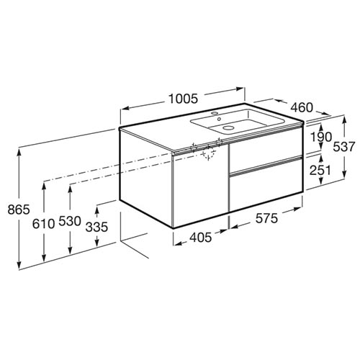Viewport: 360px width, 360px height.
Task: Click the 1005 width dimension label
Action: pyautogui.click(x=184, y=99)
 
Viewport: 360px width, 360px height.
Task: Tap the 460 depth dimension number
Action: pyautogui.click(x=302, y=107)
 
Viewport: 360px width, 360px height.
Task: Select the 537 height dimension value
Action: pyautogui.click(x=343, y=147)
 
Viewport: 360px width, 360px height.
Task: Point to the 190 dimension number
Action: pyautogui.click(x=321, y=137)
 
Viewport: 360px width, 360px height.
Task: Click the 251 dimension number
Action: pyautogui.click(x=320, y=171)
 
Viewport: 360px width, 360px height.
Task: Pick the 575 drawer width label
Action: pyautogui.click(x=266, y=219)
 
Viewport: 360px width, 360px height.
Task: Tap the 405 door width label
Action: pyautogui.click(x=201, y=238)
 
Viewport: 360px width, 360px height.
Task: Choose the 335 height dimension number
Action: pyautogui.click(x=96, y=227)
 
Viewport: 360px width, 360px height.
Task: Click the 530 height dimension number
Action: pyautogui.click(x=70, y=221)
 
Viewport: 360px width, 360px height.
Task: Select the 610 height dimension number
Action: pyautogui.click(x=43, y=225)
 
